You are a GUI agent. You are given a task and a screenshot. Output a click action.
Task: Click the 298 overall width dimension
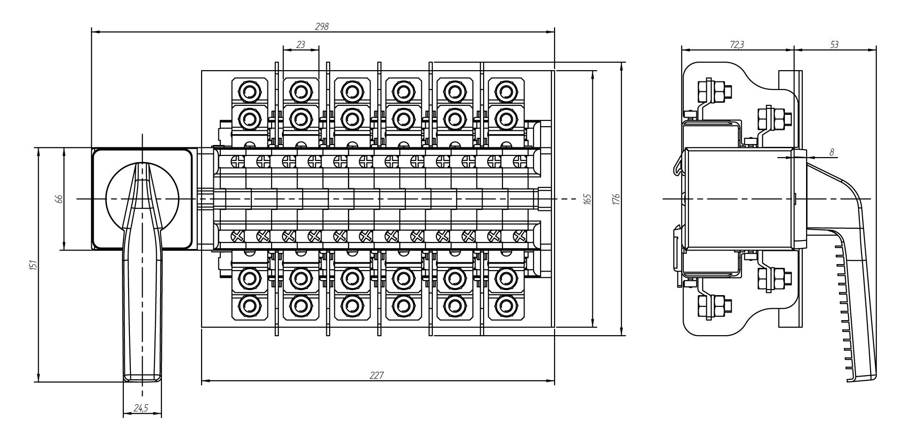(x=323, y=27)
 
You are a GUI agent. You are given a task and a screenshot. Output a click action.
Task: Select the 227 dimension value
(x=377, y=376)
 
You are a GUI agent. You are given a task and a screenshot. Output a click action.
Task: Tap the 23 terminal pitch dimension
(x=301, y=44)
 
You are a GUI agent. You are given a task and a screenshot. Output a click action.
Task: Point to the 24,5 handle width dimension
(x=140, y=409)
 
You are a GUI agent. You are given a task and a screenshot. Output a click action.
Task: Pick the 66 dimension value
(x=59, y=199)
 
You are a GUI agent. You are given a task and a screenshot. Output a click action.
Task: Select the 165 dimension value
(x=587, y=199)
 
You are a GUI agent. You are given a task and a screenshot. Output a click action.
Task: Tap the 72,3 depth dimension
(x=737, y=44)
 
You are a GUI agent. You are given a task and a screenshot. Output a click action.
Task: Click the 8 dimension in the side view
(x=832, y=152)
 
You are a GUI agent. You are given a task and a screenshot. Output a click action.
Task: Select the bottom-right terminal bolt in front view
(x=504, y=306)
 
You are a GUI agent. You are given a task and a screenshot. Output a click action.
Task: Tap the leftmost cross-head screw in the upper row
(x=236, y=161)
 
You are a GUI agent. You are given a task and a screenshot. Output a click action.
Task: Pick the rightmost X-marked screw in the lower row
(x=517, y=235)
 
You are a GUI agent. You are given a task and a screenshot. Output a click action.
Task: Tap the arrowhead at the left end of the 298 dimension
(x=93, y=32)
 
